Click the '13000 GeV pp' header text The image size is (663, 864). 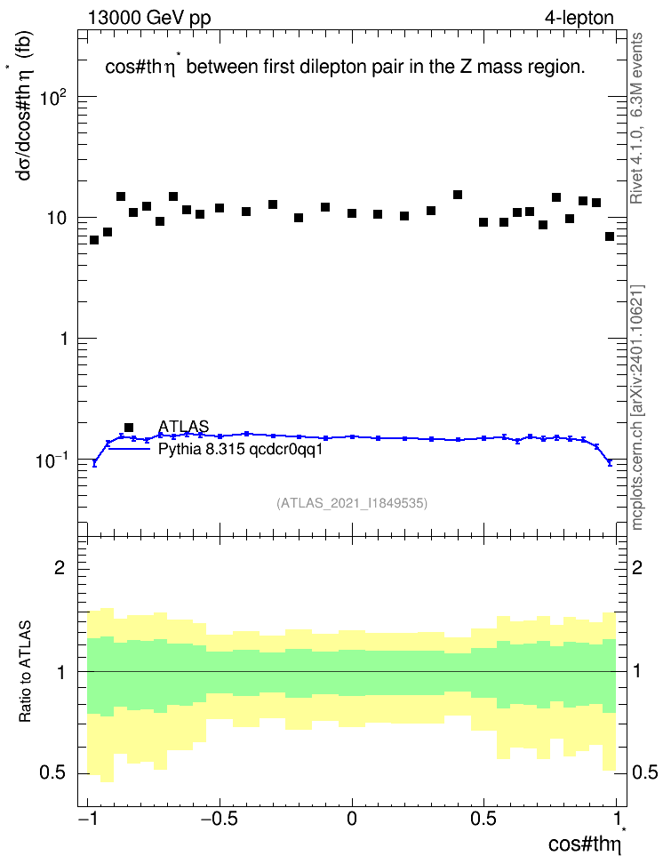[x=148, y=18]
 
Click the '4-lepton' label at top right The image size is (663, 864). [x=579, y=18]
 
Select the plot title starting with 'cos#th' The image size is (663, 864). [x=345, y=66]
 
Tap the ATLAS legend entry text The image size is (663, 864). [x=183, y=426]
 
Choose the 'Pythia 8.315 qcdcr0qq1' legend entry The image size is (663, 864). [x=240, y=449]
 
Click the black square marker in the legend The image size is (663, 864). [x=129, y=427]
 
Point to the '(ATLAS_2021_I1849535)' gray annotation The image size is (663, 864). [x=352, y=502]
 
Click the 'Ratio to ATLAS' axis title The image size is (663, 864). [x=25, y=671]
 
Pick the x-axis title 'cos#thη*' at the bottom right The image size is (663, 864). [x=587, y=842]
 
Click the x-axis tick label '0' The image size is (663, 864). [x=352, y=819]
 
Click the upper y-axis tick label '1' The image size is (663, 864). [x=64, y=339]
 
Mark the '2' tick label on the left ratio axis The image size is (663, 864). [x=60, y=568]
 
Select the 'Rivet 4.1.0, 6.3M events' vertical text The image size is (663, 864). [x=636, y=118]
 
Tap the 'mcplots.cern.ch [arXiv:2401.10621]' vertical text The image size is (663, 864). [x=636, y=408]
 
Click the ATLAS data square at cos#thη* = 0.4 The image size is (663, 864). [x=458, y=195]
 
